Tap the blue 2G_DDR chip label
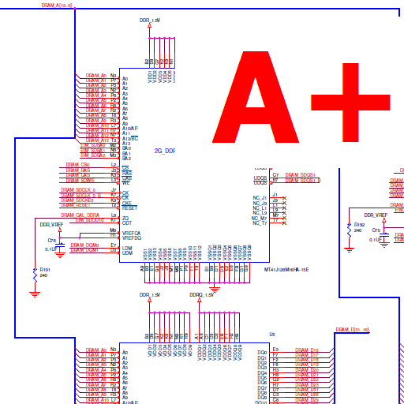coord(164,150)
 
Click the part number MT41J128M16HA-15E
coord(286,270)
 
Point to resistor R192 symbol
coord(349,228)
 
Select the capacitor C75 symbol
coord(384,234)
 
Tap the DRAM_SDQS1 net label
coord(300,174)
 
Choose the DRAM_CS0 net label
coord(77,164)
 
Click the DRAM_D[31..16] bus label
coord(352,330)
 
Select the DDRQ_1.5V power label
coord(201,294)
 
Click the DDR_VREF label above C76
coord(51,225)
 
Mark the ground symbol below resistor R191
coord(34,294)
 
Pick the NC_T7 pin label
coord(260,223)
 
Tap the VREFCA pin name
coord(132,233)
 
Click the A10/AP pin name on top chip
coord(130,128)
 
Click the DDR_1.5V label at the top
coord(149,19)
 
